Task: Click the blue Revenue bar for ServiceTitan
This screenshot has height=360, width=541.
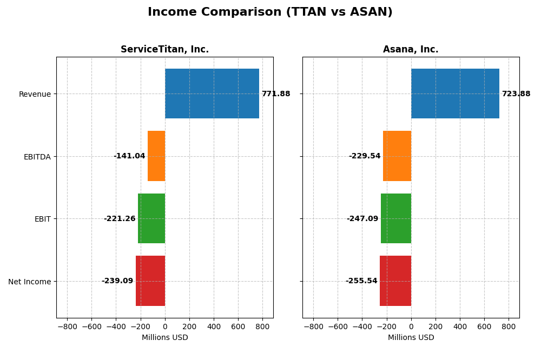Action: (x=212, y=94)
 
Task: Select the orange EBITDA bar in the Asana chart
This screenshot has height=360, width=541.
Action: (x=397, y=156)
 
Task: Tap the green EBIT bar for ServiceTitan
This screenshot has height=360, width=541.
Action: (x=151, y=218)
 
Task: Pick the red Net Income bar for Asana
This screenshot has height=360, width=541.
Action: (x=395, y=281)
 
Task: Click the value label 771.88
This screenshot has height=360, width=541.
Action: (x=276, y=94)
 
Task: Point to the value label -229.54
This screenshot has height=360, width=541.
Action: (x=365, y=156)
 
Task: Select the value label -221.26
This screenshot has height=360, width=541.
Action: (x=120, y=219)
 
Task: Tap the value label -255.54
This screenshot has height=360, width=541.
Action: (x=361, y=281)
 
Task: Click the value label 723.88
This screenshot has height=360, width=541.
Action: (x=516, y=94)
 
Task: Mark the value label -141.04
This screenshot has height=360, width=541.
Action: (x=129, y=156)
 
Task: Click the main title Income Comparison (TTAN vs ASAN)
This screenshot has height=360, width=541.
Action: (x=270, y=12)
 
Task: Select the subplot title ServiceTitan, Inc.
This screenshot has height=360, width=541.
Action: (x=164, y=50)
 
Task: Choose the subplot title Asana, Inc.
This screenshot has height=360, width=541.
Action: (x=411, y=50)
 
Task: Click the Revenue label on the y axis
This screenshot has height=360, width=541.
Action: (x=35, y=95)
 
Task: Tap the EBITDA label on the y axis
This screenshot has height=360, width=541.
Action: (x=37, y=157)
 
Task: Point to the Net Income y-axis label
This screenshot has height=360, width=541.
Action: (x=30, y=282)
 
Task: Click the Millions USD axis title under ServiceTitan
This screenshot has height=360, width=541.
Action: (x=165, y=338)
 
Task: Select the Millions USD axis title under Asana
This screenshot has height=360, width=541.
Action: (x=411, y=338)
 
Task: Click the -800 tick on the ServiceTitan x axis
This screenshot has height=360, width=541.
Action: (x=67, y=326)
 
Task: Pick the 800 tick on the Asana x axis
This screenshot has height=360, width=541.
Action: (x=509, y=326)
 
